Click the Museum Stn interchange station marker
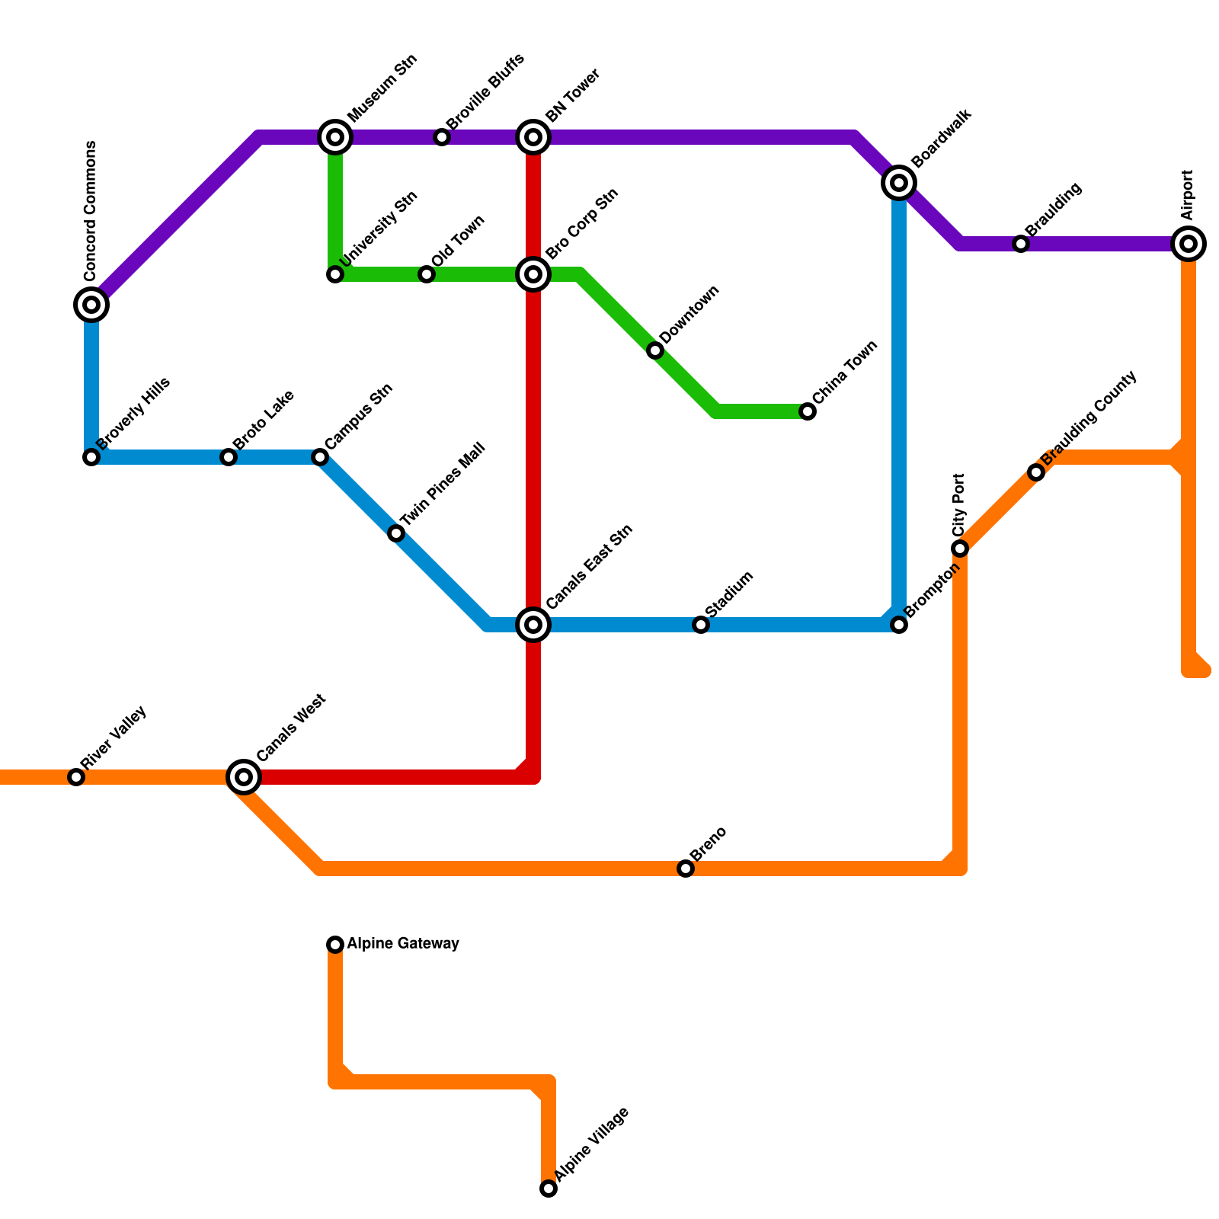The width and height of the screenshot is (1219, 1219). [x=335, y=137]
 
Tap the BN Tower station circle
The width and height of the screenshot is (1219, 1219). [x=534, y=137]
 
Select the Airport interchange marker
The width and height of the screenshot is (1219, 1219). [x=1189, y=244]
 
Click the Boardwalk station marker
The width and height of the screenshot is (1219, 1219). [x=899, y=183]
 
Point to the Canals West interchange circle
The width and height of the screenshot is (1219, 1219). [x=244, y=777]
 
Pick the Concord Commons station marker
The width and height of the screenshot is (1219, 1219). [x=91, y=305]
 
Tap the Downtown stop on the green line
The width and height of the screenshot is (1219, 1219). [x=655, y=350]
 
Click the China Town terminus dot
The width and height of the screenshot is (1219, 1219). [x=808, y=411]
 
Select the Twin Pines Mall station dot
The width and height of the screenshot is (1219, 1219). [x=396, y=533]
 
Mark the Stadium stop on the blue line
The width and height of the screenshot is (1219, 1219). [x=701, y=625]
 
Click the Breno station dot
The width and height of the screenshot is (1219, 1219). [x=686, y=869]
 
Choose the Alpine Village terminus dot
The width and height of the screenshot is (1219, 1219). [x=549, y=1189]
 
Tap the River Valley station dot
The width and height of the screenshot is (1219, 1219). [x=76, y=777]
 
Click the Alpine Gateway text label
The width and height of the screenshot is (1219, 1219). [x=403, y=944]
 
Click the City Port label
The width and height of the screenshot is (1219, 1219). [x=959, y=504]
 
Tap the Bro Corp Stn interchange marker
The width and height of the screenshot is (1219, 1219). [x=534, y=274]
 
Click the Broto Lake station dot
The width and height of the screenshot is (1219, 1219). [x=229, y=457]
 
